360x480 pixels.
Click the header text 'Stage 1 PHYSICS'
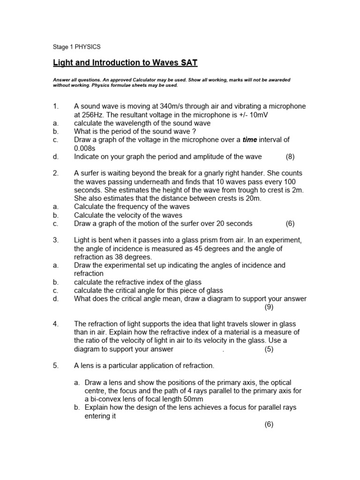point(76,47)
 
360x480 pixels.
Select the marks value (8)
point(290,157)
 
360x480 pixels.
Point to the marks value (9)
point(269,307)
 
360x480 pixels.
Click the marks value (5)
point(269,349)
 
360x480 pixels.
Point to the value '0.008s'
point(85,148)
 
